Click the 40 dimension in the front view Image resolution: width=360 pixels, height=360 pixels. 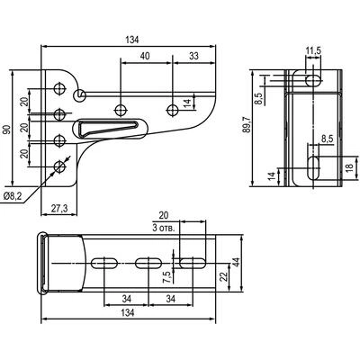coord(145,56)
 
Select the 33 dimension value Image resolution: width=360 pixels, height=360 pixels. coord(194,56)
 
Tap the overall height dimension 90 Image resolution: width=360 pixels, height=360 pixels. coord(7,129)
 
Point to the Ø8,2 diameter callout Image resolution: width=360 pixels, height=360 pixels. coord(13,196)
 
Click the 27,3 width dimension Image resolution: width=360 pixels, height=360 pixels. coord(59,208)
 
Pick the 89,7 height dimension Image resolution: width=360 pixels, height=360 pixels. coord(247,124)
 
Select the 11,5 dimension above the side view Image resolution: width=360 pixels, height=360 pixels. coord(313,50)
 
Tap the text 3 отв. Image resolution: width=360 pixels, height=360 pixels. coord(164,229)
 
